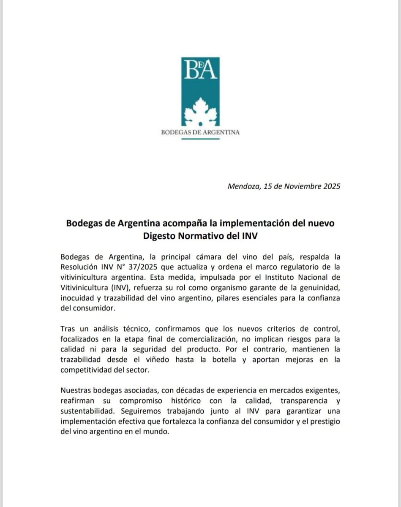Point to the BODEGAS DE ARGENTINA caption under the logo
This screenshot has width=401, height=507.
click(x=200, y=132)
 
